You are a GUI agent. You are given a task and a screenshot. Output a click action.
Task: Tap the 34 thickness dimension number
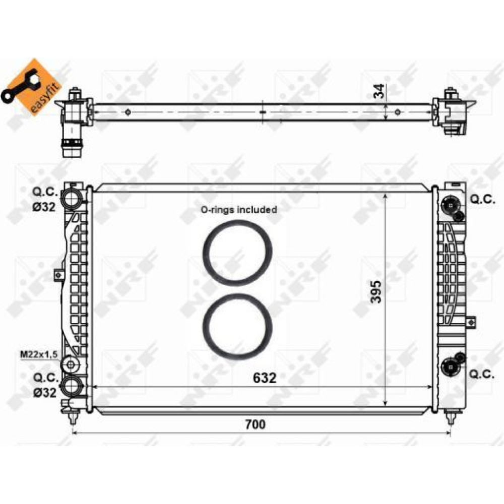(380, 91)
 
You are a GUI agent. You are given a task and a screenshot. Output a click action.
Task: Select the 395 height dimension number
(375, 292)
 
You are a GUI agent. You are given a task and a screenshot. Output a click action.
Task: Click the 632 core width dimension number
(265, 378)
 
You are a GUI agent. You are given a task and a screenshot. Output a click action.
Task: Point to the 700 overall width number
(256, 424)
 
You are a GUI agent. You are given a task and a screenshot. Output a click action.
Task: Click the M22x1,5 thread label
(39, 354)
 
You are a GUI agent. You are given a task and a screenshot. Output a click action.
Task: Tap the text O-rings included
(238, 210)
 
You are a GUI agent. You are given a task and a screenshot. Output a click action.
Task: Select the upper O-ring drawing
(237, 253)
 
